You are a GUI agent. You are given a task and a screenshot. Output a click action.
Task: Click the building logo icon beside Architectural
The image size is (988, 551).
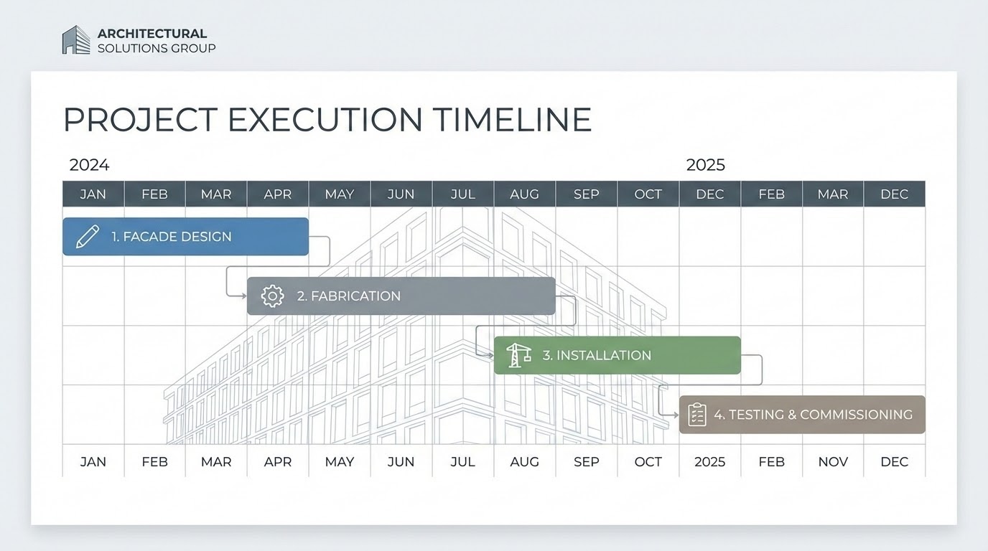pos(75,40)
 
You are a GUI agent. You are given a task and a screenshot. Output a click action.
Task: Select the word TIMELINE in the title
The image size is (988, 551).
pos(512,120)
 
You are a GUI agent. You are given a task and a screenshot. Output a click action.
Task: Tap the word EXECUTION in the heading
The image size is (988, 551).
pos(325,120)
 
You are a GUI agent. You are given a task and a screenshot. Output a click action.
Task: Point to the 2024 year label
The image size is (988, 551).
pos(89,165)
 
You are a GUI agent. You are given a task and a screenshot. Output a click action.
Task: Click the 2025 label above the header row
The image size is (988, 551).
pos(705,165)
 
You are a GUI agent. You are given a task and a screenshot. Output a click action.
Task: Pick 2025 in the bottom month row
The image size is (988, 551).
pos(709,462)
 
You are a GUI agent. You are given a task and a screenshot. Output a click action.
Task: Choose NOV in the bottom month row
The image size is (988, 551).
pos(833,462)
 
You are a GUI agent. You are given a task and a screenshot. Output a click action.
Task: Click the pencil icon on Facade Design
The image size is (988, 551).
pos(87,237)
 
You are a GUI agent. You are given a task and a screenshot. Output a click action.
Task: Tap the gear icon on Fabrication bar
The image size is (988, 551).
pos(272,296)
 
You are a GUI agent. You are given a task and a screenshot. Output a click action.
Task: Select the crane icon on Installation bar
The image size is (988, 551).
pos(518,355)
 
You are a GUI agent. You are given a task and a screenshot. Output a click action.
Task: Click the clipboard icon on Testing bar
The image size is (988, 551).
pos(696,415)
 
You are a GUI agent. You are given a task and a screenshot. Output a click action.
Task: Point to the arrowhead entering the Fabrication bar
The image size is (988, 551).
pos(243,295)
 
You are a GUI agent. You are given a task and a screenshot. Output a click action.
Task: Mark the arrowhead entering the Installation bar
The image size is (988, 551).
pos(490,354)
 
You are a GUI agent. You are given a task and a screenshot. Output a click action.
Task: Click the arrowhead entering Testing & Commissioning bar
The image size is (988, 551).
pos(676,415)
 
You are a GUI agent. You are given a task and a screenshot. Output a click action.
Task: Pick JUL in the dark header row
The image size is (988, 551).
pos(462,194)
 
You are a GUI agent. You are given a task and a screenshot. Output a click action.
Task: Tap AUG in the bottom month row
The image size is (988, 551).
pos(524,462)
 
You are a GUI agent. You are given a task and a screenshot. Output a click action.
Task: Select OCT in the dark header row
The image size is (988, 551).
pos(648,194)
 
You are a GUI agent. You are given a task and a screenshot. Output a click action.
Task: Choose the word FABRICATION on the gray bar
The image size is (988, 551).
pos(355,296)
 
